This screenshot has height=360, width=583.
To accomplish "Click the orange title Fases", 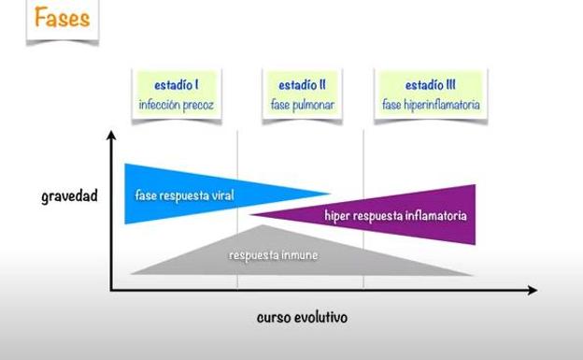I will click(x=63, y=19).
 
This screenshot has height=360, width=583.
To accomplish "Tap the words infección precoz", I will click(x=177, y=105).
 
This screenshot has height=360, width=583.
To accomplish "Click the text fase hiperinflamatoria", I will click(x=432, y=105).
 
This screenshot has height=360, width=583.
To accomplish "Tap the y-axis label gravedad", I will click(x=69, y=197).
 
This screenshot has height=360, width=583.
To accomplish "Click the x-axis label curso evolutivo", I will click(x=302, y=317).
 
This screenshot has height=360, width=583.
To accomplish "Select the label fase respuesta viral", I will click(x=184, y=195).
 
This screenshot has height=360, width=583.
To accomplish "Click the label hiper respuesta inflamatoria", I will click(x=395, y=216).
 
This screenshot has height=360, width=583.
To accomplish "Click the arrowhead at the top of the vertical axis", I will click(x=111, y=137).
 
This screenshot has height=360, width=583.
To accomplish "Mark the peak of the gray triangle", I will click(x=265, y=225).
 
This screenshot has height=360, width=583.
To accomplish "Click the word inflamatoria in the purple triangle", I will click(x=434, y=216).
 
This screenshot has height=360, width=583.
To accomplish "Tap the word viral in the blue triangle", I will click(x=220, y=195).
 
